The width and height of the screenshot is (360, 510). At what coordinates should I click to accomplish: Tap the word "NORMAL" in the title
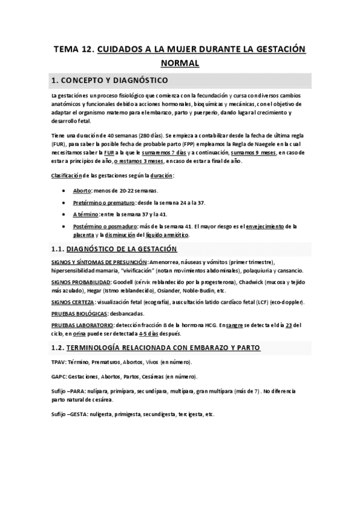click(x=180, y=62)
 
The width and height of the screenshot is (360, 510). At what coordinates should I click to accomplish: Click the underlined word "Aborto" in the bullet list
click(x=82, y=189)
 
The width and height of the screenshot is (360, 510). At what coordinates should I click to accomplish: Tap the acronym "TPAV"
click(x=59, y=362)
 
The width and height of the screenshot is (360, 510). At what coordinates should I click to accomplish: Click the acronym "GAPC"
click(x=59, y=376)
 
